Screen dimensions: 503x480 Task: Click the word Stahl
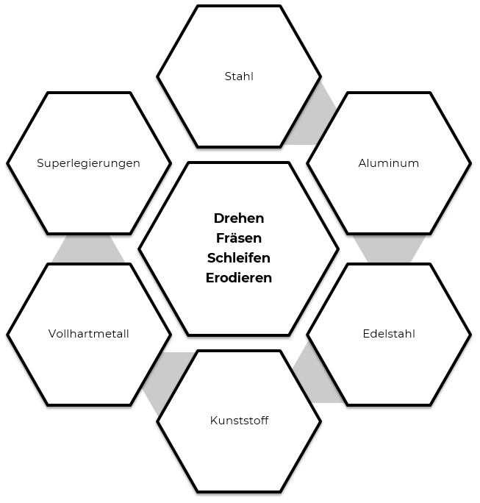point(239,76)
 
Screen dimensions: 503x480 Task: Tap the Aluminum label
point(388,163)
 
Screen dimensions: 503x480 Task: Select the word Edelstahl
point(388,334)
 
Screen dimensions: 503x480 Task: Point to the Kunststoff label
point(239,421)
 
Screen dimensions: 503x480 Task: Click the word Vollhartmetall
point(88,334)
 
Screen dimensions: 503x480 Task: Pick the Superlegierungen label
point(88,163)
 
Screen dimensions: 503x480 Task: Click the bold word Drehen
point(239,218)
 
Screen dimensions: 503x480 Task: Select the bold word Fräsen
point(239,238)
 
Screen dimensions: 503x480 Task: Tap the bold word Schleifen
point(239,258)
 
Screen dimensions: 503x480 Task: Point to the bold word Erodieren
point(239,278)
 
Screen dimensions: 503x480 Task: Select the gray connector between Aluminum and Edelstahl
point(389,249)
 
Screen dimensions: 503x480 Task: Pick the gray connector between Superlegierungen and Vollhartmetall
point(88,249)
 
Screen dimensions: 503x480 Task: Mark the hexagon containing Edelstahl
point(388,368)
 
